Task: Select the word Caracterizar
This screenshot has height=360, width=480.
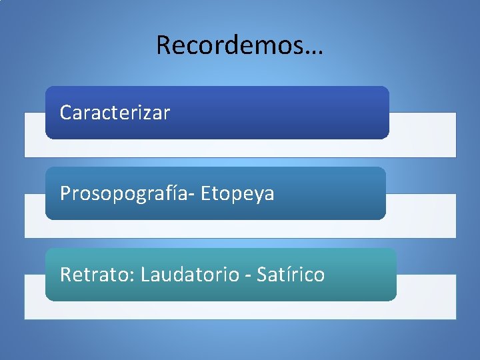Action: (115, 113)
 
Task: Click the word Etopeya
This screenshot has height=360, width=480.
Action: (237, 194)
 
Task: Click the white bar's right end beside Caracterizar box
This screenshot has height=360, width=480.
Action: (423, 134)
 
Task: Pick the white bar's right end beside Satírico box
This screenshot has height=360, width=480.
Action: (427, 297)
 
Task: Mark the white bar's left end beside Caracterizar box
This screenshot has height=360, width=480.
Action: (35, 134)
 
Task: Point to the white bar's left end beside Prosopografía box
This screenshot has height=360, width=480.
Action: (35, 215)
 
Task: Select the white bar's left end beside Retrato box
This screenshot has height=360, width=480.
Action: (35, 297)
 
